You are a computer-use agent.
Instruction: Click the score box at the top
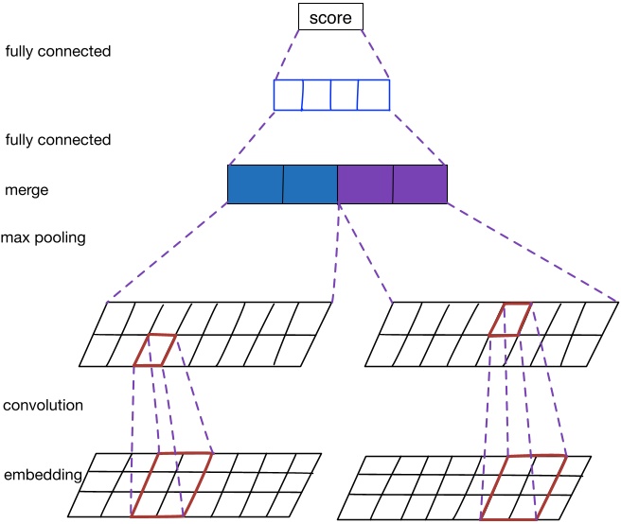pos(330,17)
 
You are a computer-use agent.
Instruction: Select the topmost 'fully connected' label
pos(58,51)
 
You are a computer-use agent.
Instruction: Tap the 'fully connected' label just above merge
pos(58,140)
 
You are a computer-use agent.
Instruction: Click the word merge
pos(27,190)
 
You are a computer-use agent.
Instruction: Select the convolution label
pos(44,405)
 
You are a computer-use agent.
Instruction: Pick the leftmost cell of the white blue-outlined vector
pos(288,96)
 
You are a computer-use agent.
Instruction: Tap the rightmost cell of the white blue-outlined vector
pos(375,96)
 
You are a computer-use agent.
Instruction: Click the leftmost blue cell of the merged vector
pos(256,184)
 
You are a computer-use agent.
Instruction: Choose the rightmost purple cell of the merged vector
pos(420,184)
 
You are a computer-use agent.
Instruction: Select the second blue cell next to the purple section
pos(310,184)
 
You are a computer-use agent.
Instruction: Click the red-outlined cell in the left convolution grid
pos(154,349)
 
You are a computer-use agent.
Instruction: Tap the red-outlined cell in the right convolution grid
pos(509,320)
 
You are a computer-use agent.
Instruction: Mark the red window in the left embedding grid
pos(171,484)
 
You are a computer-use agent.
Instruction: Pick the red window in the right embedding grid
pos(523,486)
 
